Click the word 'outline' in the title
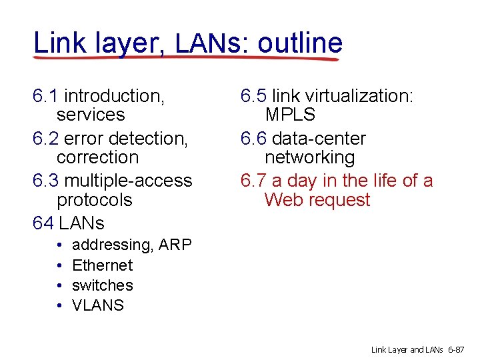(x=300, y=43)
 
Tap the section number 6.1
(x=45, y=96)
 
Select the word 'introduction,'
(x=114, y=96)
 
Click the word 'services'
(x=91, y=115)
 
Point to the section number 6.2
(x=45, y=139)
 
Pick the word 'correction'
(x=97, y=157)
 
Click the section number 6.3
(x=45, y=181)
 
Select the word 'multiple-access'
(x=128, y=181)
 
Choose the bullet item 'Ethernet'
(x=102, y=265)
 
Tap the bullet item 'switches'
(x=102, y=285)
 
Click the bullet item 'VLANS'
(x=97, y=305)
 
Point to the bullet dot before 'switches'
(x=59, y=285)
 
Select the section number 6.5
(x=254, y=96)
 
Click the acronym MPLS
(x=290, y=115)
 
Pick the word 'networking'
(x=309, y=157)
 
